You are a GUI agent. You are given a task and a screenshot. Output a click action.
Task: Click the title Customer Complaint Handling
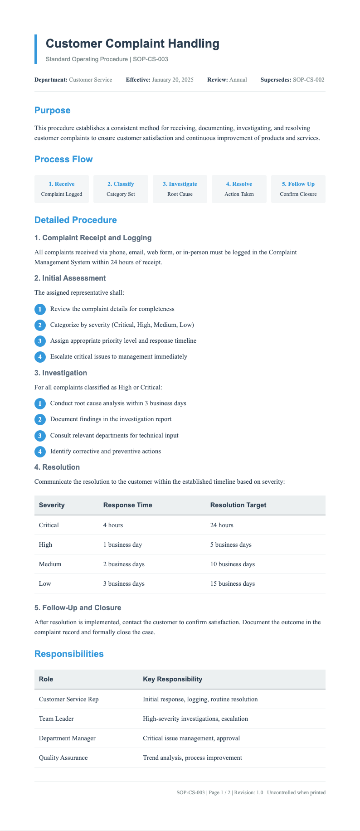pyautogui.click(x=132, y=44)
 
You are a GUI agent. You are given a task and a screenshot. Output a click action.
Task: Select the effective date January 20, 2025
pyautogui.click(x=173, y=80)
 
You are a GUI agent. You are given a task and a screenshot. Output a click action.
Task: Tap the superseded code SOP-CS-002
pyautogui.click(x=308, y=80)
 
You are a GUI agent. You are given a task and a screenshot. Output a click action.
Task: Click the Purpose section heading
pyautogui.click(x=52, y=110)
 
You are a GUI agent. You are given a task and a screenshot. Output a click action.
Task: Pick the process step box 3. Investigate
pyautogui.click(x=180, y=189)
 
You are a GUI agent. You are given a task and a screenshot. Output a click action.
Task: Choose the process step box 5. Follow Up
pyautogui.click(x=298, y=189)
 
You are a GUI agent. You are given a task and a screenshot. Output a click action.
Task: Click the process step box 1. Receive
pyautogui.click(x=62, y=189)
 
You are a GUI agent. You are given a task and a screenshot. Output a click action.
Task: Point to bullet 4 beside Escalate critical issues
pyautogui.click(x=40, y=357)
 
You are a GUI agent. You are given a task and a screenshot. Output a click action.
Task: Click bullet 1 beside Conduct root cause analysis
pyautogui.click(x=40, y=403)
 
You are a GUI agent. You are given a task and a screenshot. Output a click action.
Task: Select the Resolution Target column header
pyautogui.click(x=238, y=505)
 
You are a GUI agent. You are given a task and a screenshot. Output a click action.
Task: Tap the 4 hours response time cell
pyautogui.click(x=113, y=525)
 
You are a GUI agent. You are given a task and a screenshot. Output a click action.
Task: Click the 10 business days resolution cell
pyautogui.click(x=232, y=564)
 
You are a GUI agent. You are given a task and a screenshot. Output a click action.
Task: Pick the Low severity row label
pyautogui.click(x=45, y=584)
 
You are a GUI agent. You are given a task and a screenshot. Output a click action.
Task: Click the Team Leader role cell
pyautogui.click(x=56, y=719)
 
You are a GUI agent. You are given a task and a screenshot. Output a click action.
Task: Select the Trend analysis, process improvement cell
pyautogui.click(x=192, y=758)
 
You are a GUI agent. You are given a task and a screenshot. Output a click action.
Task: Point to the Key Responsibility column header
pyautogui.click(x=172, y=679)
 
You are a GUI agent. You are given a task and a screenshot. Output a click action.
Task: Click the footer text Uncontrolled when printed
pyautogui.click(x=296, y=793)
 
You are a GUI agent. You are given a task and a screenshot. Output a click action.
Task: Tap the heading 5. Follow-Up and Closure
pyautogui.click(x=78, y=607)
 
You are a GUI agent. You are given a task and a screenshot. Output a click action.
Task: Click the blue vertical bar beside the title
pyautogui.click(x=36, y=49)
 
